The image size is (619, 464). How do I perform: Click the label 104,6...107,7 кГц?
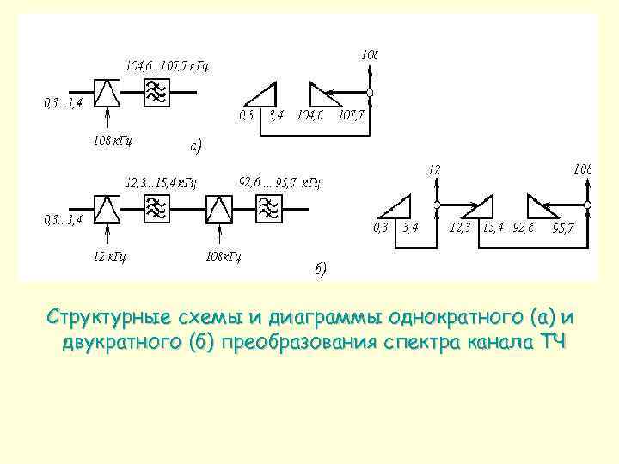(x=167, y=64)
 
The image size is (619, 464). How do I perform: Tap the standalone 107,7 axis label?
(x=352, y=115)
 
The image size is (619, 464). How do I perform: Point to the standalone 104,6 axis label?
(x=309, y=115)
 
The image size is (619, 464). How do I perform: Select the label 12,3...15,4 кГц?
(x=161, y=182)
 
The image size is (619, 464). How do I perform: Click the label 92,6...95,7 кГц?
(x=279, y=181)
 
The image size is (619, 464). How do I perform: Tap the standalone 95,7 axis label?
(x=564, y=229)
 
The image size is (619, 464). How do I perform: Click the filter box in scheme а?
(x=156, y=92)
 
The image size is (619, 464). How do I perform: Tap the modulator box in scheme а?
(x=107, y=92)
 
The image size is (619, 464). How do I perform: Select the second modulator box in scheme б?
(x=219, y=208)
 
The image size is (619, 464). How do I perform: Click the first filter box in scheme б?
(x=156, y=208)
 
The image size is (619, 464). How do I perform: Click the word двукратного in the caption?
(x=138, y=344)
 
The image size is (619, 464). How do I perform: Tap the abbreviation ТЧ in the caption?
(x=553, y=344)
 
